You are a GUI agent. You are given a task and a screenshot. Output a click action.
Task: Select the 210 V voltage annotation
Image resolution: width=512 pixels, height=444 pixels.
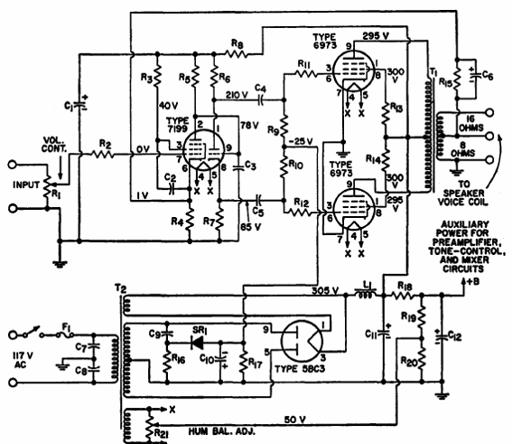click(x=237, y=94)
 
